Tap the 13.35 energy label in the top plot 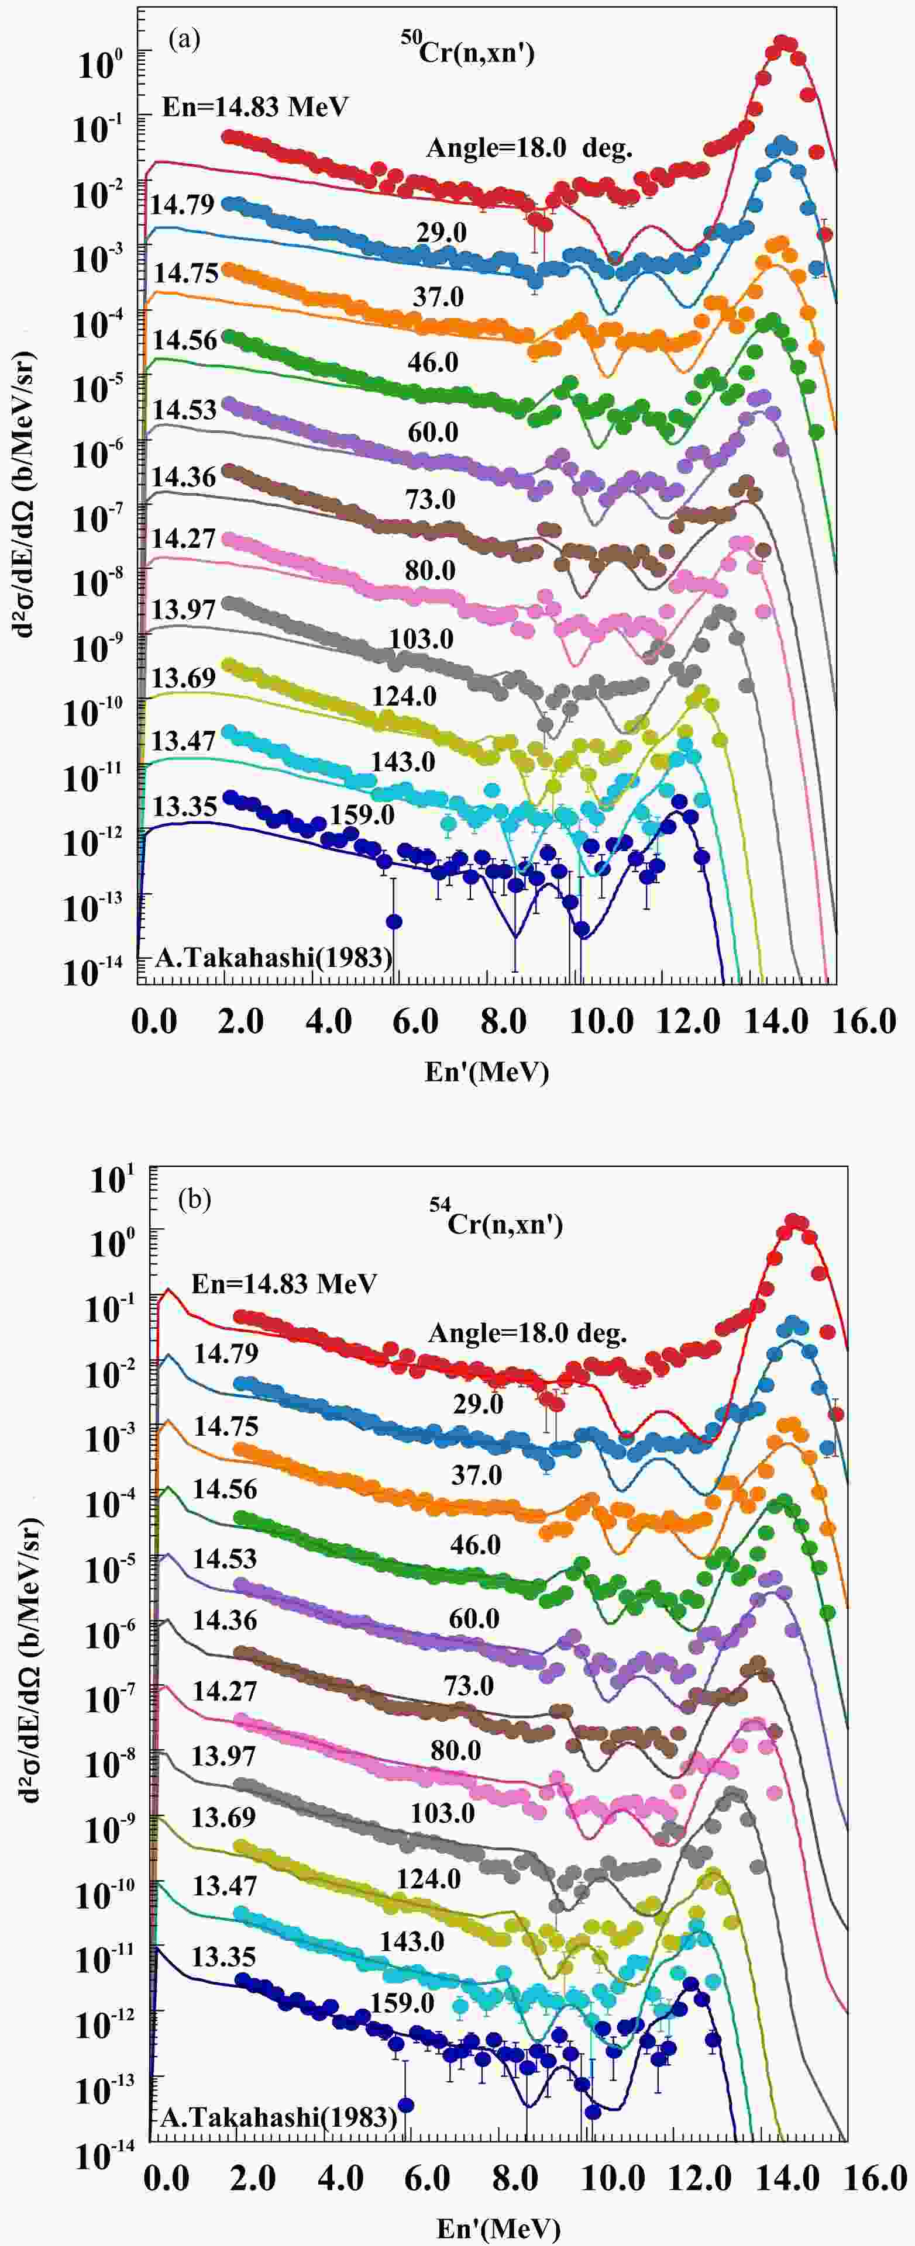point(184,807)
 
